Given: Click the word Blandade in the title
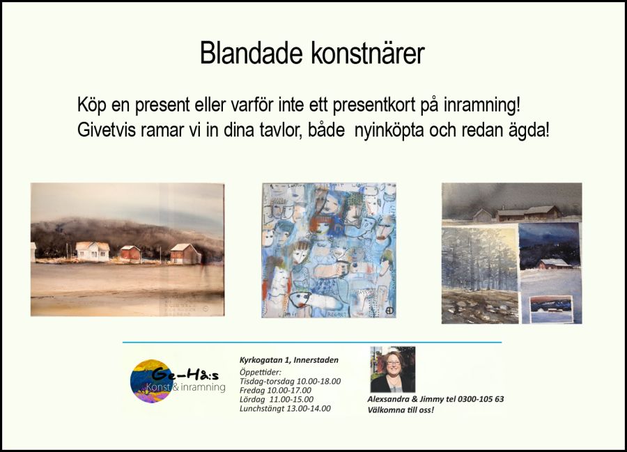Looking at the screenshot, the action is point(251,53).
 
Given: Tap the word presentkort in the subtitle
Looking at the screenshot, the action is point(374,105).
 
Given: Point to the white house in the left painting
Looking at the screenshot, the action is point(93,251).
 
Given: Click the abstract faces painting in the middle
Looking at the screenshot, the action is point(329,251).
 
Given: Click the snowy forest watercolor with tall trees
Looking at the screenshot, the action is point(480,276).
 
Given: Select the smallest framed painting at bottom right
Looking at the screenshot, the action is point(552,310).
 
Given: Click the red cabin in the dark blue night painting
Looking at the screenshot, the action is point(555,264).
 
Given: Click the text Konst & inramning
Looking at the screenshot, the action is point(185,387).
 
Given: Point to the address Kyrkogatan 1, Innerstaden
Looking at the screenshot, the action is point(288,360).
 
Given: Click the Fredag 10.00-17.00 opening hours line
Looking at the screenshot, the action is point(275,391).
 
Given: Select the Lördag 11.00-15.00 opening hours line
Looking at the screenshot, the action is point(277,400).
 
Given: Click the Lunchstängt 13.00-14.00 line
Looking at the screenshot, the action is point(285,409).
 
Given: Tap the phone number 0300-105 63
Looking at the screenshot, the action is point(481,399).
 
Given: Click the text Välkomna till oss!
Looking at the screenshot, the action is point(401,410).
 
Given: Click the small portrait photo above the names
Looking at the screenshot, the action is point(393,369).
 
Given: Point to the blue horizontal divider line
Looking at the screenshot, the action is point(312,342).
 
